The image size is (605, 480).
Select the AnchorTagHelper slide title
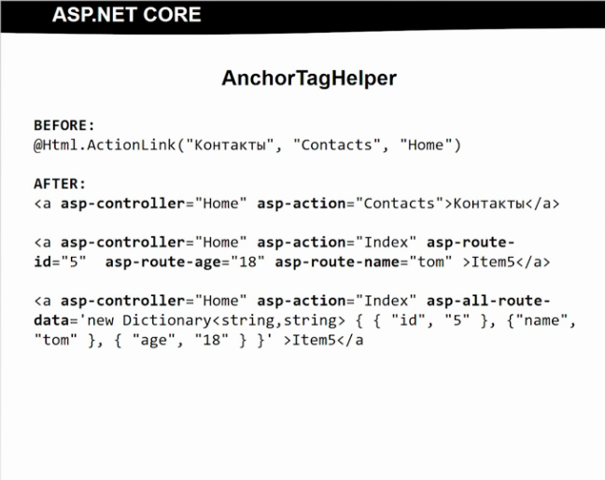309,78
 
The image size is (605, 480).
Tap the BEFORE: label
64,124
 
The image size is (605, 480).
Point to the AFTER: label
60,183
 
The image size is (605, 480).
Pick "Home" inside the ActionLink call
426,145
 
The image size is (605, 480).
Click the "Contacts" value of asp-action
400,203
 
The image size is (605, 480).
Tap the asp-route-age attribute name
160,261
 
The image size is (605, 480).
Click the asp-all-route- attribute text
489,301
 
